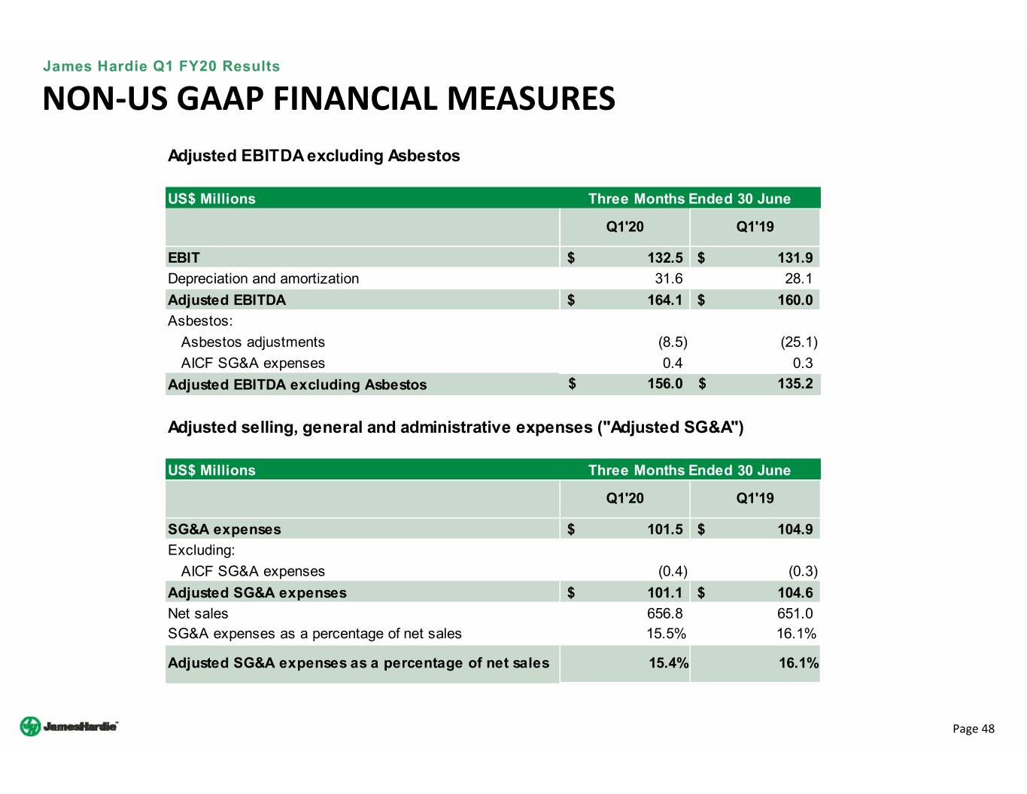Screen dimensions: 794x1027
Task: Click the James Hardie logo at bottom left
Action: pos(68,726)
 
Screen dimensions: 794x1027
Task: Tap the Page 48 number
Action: pos(973,729)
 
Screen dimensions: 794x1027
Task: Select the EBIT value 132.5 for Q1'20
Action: pos(665,258)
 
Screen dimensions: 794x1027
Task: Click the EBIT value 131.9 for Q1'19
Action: pos(795,258)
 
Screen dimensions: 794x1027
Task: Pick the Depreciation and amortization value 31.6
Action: pos(669,278)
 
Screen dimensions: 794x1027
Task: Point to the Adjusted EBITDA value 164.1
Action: pos(665,300)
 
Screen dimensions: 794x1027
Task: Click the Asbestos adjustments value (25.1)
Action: pos(799,342)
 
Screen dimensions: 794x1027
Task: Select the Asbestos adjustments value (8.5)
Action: pos(673,342)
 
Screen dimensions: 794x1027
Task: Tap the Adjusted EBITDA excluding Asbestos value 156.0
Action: pos(665,384)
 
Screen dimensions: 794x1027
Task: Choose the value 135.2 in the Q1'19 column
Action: pos(795,384)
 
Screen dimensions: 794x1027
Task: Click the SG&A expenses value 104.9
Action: pos(795,530)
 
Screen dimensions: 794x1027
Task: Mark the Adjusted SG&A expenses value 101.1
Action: pos(665,593)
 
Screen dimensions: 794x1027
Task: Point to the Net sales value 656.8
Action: pos(665,614)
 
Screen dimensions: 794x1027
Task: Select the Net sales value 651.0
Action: pos(795,614)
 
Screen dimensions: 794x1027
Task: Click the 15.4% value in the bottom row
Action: pos(669,663)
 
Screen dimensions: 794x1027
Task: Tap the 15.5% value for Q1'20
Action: pos(667,634)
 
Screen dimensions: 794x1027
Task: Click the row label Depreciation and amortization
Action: pos(263,278)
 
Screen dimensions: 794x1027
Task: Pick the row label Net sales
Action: pos(198,614)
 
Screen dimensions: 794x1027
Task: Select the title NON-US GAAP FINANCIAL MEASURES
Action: pos(329,99)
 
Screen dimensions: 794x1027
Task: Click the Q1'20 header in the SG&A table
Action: pos(624,498)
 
